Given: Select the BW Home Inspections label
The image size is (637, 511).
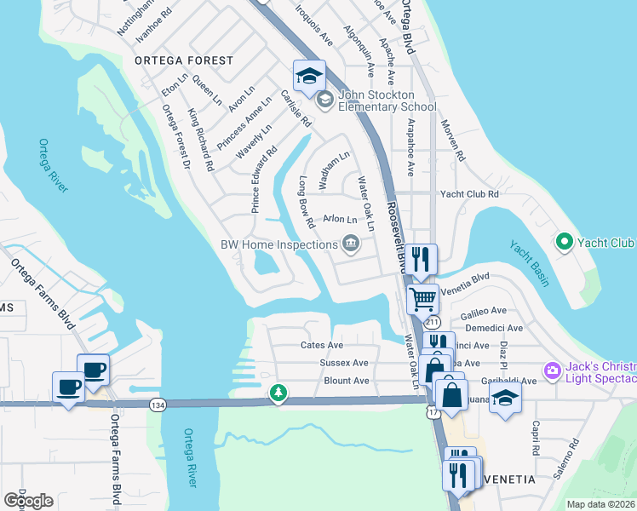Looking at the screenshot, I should pyautogui.click(x=279, y=245).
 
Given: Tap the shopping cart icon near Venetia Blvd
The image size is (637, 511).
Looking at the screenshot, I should pyautogui.click(x=422, y=299).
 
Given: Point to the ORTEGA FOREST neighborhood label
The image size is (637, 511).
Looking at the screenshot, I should pyautogui.click(x=182, y=60).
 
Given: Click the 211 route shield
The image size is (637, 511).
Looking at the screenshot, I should pyautogui.click(x=433, y=323).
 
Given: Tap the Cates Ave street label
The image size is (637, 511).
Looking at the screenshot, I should pyautogui.click(x=322, y=345).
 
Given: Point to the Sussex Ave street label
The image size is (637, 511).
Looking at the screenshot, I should pyautogui.click(x=343, y=363).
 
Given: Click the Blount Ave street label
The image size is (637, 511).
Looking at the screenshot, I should pyautogui.click(x=347, y=381).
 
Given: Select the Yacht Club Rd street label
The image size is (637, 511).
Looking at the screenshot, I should pyautogui.click(x=468, y=194).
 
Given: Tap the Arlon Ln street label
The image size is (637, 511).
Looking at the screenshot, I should pyautogui.click(x=338, y=219).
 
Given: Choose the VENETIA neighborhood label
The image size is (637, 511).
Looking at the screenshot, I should pyautogui.click(x=508, y=479).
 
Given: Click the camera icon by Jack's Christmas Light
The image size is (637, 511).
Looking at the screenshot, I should pyautogui.click(x=552, y=370).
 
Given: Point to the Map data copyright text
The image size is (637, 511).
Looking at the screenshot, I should pyautogui.click(x=601, y=504).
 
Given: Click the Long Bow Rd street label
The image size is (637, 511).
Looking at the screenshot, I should pyautogui.click(x=307, y=202).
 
